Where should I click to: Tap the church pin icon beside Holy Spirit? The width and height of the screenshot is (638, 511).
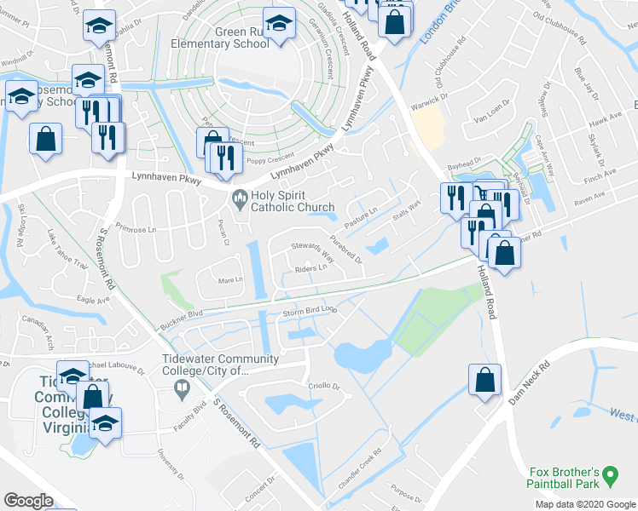pos(241,199)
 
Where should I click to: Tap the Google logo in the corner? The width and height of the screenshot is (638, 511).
pos(28,501)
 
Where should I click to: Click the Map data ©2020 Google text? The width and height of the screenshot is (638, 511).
pos(585,504)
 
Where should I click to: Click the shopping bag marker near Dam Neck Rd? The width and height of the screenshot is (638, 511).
pos(484,382)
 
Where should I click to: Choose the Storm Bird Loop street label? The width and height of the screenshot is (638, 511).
pos(310,312)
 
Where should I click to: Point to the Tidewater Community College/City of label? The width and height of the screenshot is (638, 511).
pos(220,365)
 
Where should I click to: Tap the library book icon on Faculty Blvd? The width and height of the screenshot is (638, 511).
pos(182,391)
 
